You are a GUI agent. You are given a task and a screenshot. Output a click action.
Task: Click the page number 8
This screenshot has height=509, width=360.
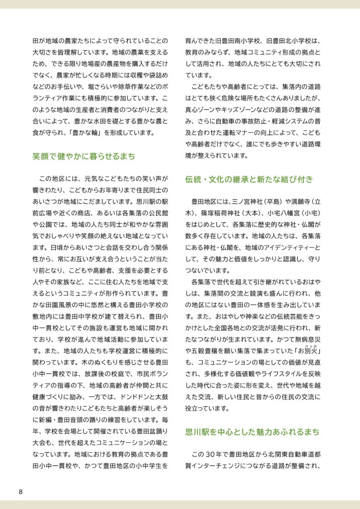click(x=20, y=492)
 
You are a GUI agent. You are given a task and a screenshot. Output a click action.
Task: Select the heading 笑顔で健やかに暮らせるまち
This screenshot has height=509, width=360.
click(x=84, y=156)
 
